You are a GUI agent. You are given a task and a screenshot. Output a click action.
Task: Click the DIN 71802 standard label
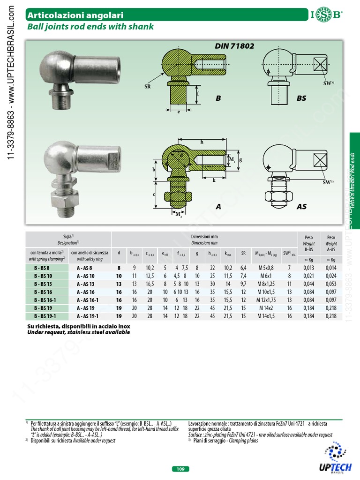(x=234, y=46)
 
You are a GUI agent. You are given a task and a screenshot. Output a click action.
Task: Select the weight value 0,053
(x=331, y=284)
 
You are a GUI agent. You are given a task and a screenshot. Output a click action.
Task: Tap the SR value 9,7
(x=243, y=284)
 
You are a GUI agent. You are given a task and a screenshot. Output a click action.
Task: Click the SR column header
(x=243, y=253)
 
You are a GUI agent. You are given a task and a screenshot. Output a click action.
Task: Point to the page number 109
(x=180, y=469)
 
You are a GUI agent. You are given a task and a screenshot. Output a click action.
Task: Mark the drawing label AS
(x=301, y=206)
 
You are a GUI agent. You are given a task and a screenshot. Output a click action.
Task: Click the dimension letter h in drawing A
(x=202, y=142)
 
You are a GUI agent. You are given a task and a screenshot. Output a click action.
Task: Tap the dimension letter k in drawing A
(x=213, y=180)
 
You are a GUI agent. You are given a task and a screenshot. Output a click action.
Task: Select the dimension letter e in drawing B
(x=179, y=113)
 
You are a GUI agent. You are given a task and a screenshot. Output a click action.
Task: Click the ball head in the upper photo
(x=54, y=67)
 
